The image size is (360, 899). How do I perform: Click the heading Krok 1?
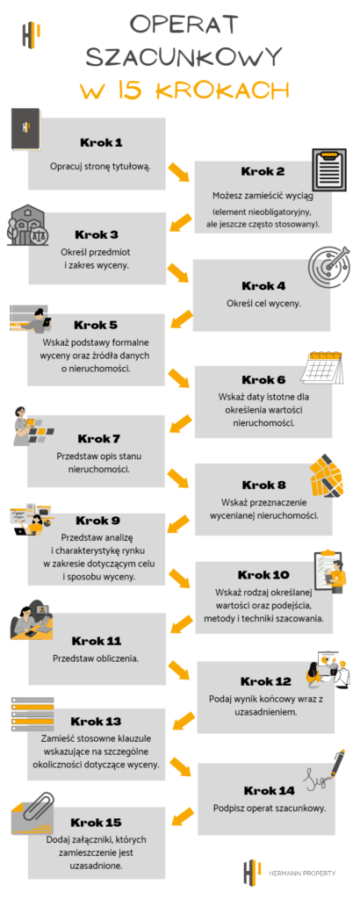pyautogui.click(x=101, y=142)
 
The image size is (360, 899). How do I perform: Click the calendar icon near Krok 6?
pyautogui.click(x=321, y=368)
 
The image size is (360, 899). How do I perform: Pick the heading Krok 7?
pyautogui.click(x=98, y=439)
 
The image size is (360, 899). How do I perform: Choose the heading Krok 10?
pyautogui.click(x=264, y=574)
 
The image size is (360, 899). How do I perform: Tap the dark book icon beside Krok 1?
pyautogui.click(x=25, y=130)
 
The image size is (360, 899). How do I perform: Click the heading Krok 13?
pyautogui.click(x=97, y=721)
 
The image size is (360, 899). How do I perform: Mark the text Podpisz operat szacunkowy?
pyautogui.click(x=270, y=809)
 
